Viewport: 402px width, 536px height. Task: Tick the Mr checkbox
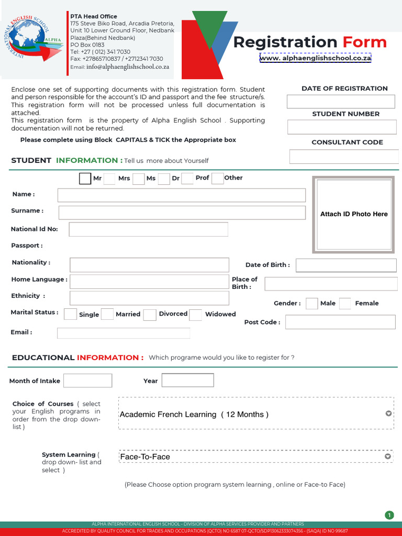pyautogui.click(x=85, y=178)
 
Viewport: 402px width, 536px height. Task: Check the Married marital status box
pyautogui.click(x=107, y=314)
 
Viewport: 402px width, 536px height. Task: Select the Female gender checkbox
pyautogui.click(x=345, y=304)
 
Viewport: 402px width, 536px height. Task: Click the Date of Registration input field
pyautogui.click(x=341, y=102)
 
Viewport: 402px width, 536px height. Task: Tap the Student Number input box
pyautogui.click(x=342, y=127)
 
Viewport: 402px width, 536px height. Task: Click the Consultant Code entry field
pyautogui.click(x=344, y=157)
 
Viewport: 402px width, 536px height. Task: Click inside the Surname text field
pyautogui.click(x=182, y=213)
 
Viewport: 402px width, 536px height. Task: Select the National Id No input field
pyautogui.click(x=149, y=229)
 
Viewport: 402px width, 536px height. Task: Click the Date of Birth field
pyautogui.click(x=346, y=265)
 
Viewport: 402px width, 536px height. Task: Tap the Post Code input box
pyautogui.click(x=340, y=322)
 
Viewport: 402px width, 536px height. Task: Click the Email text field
pyautogui.click(x=124, y=333)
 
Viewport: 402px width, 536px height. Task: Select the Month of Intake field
pyautogui.click(x=88, y=381)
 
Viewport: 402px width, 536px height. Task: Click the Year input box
pyautogui.click(x=187, y=380)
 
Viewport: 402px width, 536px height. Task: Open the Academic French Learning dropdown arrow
pyautogui.click(x=388, y=414)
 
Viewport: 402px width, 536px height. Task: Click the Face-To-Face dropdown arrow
pyautogui.click(x=388, y=456)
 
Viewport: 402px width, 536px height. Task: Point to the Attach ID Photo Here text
pyautogui.click(x=354, y=214)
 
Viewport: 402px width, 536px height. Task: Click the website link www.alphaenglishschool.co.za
pyautogui.click(x=315, y=58)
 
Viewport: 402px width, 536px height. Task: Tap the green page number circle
pyautogui.click(x=389, y=515)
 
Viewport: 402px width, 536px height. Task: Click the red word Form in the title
pyautogui.click(x=364, y=42)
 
